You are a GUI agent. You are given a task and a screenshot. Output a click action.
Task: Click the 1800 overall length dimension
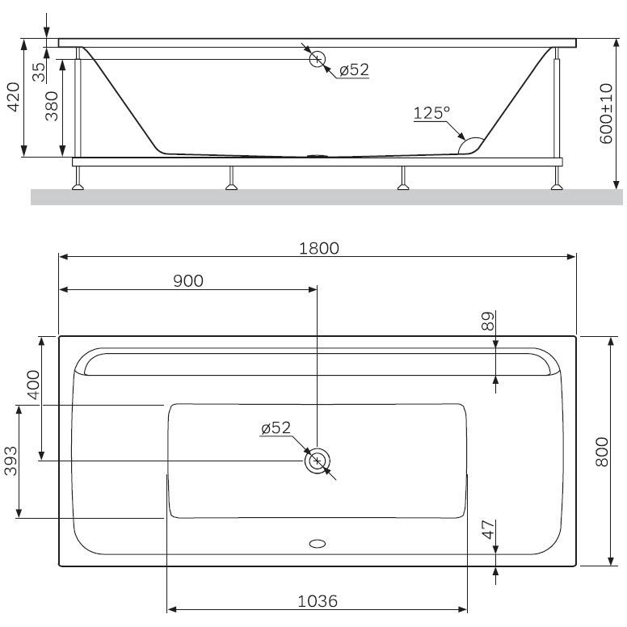[x=319, y=249]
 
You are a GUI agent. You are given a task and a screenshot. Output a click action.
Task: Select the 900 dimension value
[x=188, y=281]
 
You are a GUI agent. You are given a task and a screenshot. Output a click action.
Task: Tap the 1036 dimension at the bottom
[x=318, y=601]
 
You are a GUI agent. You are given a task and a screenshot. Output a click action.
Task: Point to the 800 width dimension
[x=602, y=452]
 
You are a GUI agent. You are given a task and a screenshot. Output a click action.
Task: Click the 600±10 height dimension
[x=606, y=113]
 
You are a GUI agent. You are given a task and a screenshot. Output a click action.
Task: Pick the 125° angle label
[x=431, y=113]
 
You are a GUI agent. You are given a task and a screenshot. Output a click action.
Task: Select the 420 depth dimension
[x=14, y=97]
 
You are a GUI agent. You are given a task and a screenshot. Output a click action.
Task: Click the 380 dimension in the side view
[x=52, y=107]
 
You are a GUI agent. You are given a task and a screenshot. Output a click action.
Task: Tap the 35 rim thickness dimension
[x=39, y=72]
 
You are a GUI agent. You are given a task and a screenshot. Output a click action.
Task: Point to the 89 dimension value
[x=488, y=321]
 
